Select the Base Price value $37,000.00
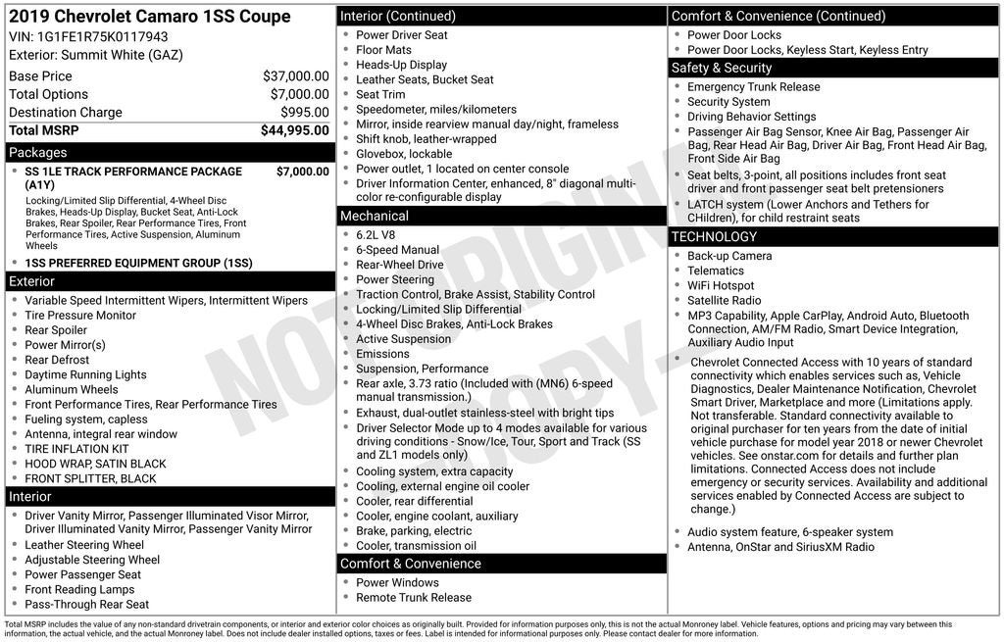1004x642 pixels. tap(295, 76)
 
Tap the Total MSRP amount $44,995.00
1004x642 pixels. tap(294, 130)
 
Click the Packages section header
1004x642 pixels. tap(38, 153)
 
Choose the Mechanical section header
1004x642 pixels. tap(374, 216)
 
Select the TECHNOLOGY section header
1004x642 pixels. tap(714, 236)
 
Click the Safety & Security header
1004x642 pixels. tap(721, 68)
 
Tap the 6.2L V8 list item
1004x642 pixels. tap(377, 235)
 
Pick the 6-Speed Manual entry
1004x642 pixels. tap(397, 250)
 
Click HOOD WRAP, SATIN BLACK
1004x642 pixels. tap(95, 464)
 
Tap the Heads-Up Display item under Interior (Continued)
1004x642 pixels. tap(401, 65)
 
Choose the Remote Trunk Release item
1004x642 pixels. tap(413, 598)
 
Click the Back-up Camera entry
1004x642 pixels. tap(729, 256)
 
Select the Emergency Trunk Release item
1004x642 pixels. tap(753, 87)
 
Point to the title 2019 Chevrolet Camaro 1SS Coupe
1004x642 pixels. tap(149, 17)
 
